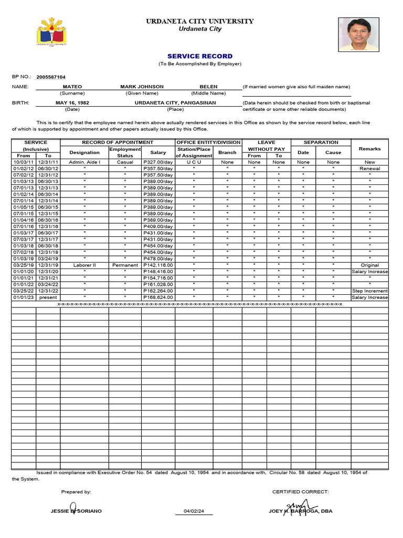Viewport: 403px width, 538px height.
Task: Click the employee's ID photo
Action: (x=358, y=34)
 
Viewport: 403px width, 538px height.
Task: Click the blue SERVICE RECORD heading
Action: (x=200, y=56)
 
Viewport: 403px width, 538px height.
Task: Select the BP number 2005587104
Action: (x=51, y=77)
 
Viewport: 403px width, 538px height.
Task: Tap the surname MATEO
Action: (x=72, y=87)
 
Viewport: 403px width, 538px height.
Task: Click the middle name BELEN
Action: (x=208, y=87)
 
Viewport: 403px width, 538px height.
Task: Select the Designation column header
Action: (x=84, y=152)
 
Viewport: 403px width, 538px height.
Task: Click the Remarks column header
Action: (x=369, y=149)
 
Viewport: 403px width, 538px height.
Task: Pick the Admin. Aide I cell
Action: (x=84, y=162)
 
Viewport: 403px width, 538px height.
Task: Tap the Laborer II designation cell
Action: (x=84, y=265)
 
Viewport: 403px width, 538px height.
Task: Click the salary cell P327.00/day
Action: (x=158, y=162)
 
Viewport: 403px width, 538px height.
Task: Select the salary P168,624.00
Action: (x=158, y=297)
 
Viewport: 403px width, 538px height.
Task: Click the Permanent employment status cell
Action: (x=125, y=265)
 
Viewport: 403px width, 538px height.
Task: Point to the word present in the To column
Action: (x=48, y=297)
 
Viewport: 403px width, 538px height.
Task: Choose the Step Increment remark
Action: (x=369, y=291)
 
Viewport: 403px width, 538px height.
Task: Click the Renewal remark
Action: (x=369, y=169)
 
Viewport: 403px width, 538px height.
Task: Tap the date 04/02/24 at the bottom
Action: (x=194, y=511)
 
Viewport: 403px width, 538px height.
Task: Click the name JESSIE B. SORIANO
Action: (x=76, y=511)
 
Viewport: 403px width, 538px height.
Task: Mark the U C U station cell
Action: (x=194, y=162)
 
